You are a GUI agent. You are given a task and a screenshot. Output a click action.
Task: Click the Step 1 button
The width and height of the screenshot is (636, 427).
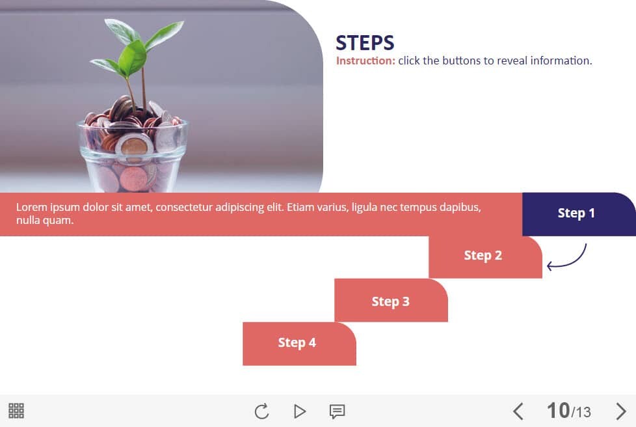(x=579, y=214)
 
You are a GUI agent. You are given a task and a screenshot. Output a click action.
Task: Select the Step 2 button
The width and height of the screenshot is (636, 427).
(x=485, y=257)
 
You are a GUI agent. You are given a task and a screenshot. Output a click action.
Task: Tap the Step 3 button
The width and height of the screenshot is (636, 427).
(x=391, y=300)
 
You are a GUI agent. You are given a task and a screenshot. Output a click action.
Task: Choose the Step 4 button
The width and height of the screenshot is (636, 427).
(x=299, y=344)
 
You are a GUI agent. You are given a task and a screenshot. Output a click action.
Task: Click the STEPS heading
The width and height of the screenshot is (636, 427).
(x=365, y=42)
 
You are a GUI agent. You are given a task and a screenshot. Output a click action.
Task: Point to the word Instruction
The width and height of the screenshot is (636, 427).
(x=365, y=61)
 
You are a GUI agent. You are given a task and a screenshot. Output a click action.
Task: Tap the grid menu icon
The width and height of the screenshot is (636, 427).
(x=16, y=411)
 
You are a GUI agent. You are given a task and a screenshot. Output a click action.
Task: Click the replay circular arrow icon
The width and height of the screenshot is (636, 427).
(x=261, y=411)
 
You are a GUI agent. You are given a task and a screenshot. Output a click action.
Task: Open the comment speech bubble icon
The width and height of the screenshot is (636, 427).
(x=337, y=411)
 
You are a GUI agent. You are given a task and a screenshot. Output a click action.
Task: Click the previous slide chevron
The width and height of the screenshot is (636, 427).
(x=518, y=411)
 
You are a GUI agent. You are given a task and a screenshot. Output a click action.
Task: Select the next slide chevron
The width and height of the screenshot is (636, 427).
(x=620, y=411)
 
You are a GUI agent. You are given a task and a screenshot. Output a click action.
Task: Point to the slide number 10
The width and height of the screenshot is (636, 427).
(x=558, y=410)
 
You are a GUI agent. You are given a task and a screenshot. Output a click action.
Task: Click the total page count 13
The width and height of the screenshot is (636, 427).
(x=583, y=413)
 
